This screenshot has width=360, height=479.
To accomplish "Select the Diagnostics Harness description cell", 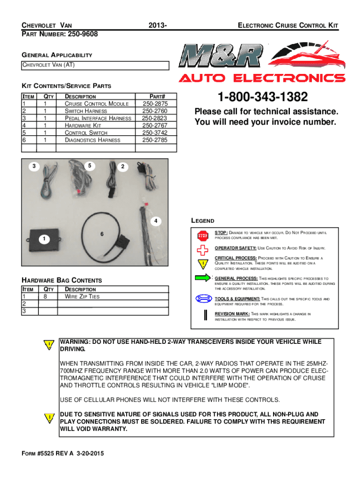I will (92, 140).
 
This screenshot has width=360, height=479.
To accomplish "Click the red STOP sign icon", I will (202, 235).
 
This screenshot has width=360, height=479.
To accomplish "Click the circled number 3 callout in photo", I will (35, 166).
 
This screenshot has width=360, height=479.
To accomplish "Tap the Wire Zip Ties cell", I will (82, 297).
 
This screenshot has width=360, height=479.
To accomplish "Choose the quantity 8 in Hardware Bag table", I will (45, 297).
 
